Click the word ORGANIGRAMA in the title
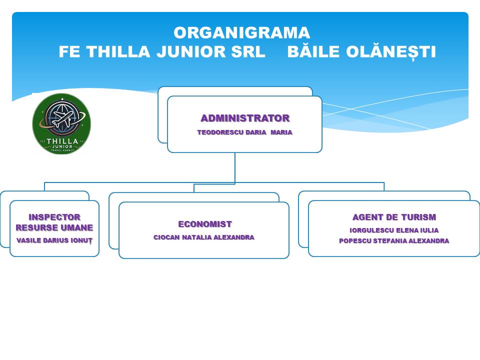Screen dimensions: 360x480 (241, 33)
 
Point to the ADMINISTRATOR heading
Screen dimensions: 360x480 (245, 118)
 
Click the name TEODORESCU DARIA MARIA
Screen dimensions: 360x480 (244, 132)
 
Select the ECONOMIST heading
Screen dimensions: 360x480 (205, 224)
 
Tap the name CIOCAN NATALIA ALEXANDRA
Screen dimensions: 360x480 (204, 237)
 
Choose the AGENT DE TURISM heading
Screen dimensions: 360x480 (394, 217)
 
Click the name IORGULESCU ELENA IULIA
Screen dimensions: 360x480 (394, 230)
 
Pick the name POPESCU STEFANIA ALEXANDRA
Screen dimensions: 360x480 (394, 240)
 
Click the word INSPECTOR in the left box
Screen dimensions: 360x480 (54, 217)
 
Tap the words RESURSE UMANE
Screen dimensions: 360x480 (54, 228)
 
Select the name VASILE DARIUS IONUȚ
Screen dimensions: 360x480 (54, 240)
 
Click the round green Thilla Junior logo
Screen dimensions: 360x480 (61, 123)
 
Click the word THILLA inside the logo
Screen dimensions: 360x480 (61, 141)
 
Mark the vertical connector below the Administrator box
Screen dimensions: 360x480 (235, 167)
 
